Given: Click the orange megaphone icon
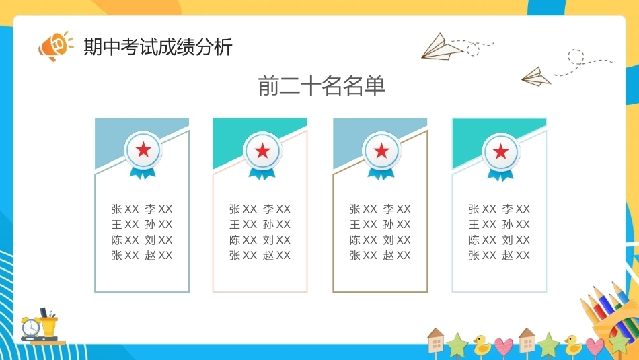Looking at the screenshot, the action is tap(55, 46).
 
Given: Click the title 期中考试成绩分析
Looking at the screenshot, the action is tap(158, 46).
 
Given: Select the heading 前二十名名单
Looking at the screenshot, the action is tap(322, 85).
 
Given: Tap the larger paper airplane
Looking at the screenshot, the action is tap(442, 47).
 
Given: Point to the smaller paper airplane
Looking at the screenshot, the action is tap(536, 77).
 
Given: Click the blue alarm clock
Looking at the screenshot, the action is tap(30, 326).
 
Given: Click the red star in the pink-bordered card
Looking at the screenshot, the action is tap(262, 151).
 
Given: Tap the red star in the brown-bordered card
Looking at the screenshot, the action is tap(381, 151).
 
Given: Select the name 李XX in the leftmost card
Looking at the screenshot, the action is tap(159, 209).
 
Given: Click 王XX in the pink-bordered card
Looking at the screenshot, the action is tap(243, 225).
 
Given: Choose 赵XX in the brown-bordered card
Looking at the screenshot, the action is tap(397, 256).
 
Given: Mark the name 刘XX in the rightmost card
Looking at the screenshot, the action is tap(516, 240).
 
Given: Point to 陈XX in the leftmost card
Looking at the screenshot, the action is tap(125, 240).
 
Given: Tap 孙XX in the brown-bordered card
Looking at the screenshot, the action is tap(397, 225).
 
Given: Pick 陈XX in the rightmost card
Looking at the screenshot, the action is tap(482, 240).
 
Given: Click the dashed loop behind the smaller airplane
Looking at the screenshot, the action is tap(576, 57).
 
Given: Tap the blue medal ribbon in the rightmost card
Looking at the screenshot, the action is tap(500, 174).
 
